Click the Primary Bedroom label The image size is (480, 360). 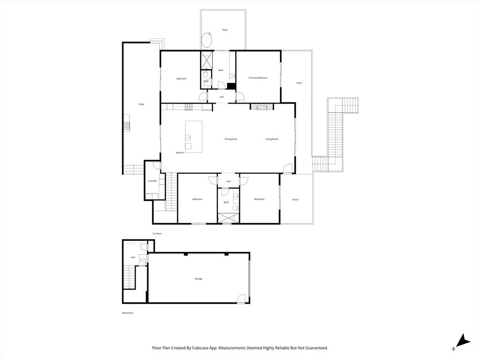(x=258, y=78)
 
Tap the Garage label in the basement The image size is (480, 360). (x=199, y=279)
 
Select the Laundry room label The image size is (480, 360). (x=152, y=181)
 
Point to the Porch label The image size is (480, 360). (x=295, y=200)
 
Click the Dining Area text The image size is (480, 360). (x=231, y=139)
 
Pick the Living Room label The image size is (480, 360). (x=272, y=139)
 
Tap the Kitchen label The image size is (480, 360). (x=180, y=153)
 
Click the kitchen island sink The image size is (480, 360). (x=188, y=137)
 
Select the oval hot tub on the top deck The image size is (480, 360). (x=207, y=41)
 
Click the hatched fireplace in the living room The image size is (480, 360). (x=261, y=107)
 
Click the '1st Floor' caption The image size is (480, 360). (x=157, y=233)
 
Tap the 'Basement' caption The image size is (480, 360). (x=127, y=313)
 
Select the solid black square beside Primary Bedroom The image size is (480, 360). (x=231, y=86)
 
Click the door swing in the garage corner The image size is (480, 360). (x=240, y=298)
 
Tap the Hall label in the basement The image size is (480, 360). (x=133, y=257)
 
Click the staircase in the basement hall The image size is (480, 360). (x=128, y=277)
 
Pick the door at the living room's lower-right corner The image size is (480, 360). (x=287, y=168)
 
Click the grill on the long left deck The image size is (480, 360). (x=127, y=126)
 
